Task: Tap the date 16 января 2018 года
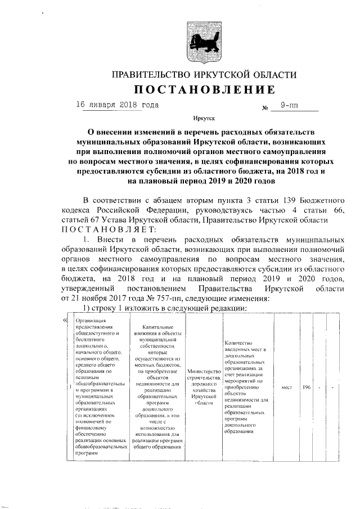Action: coord(117,105)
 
